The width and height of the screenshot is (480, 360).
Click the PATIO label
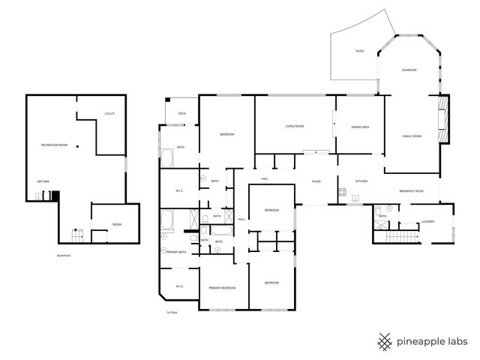point(359,51)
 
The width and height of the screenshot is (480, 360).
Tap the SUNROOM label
point(409,70)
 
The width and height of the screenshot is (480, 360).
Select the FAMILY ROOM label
point(412,136)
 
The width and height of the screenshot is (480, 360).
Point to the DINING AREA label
point(360,127)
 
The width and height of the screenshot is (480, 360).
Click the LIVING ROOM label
point(294,126)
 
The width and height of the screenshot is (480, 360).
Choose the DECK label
point(181,114)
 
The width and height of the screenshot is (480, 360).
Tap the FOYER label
point(316,179)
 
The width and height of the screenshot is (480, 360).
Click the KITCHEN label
point(361,181)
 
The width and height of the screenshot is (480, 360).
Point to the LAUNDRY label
point(428,221)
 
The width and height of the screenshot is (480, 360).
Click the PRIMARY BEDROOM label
point(223,288)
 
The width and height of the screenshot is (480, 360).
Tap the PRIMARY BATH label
point(176,252)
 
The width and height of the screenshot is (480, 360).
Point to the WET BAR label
point(43,181)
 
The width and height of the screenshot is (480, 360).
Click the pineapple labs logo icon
point(385,340)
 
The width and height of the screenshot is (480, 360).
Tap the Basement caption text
point(64,256)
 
